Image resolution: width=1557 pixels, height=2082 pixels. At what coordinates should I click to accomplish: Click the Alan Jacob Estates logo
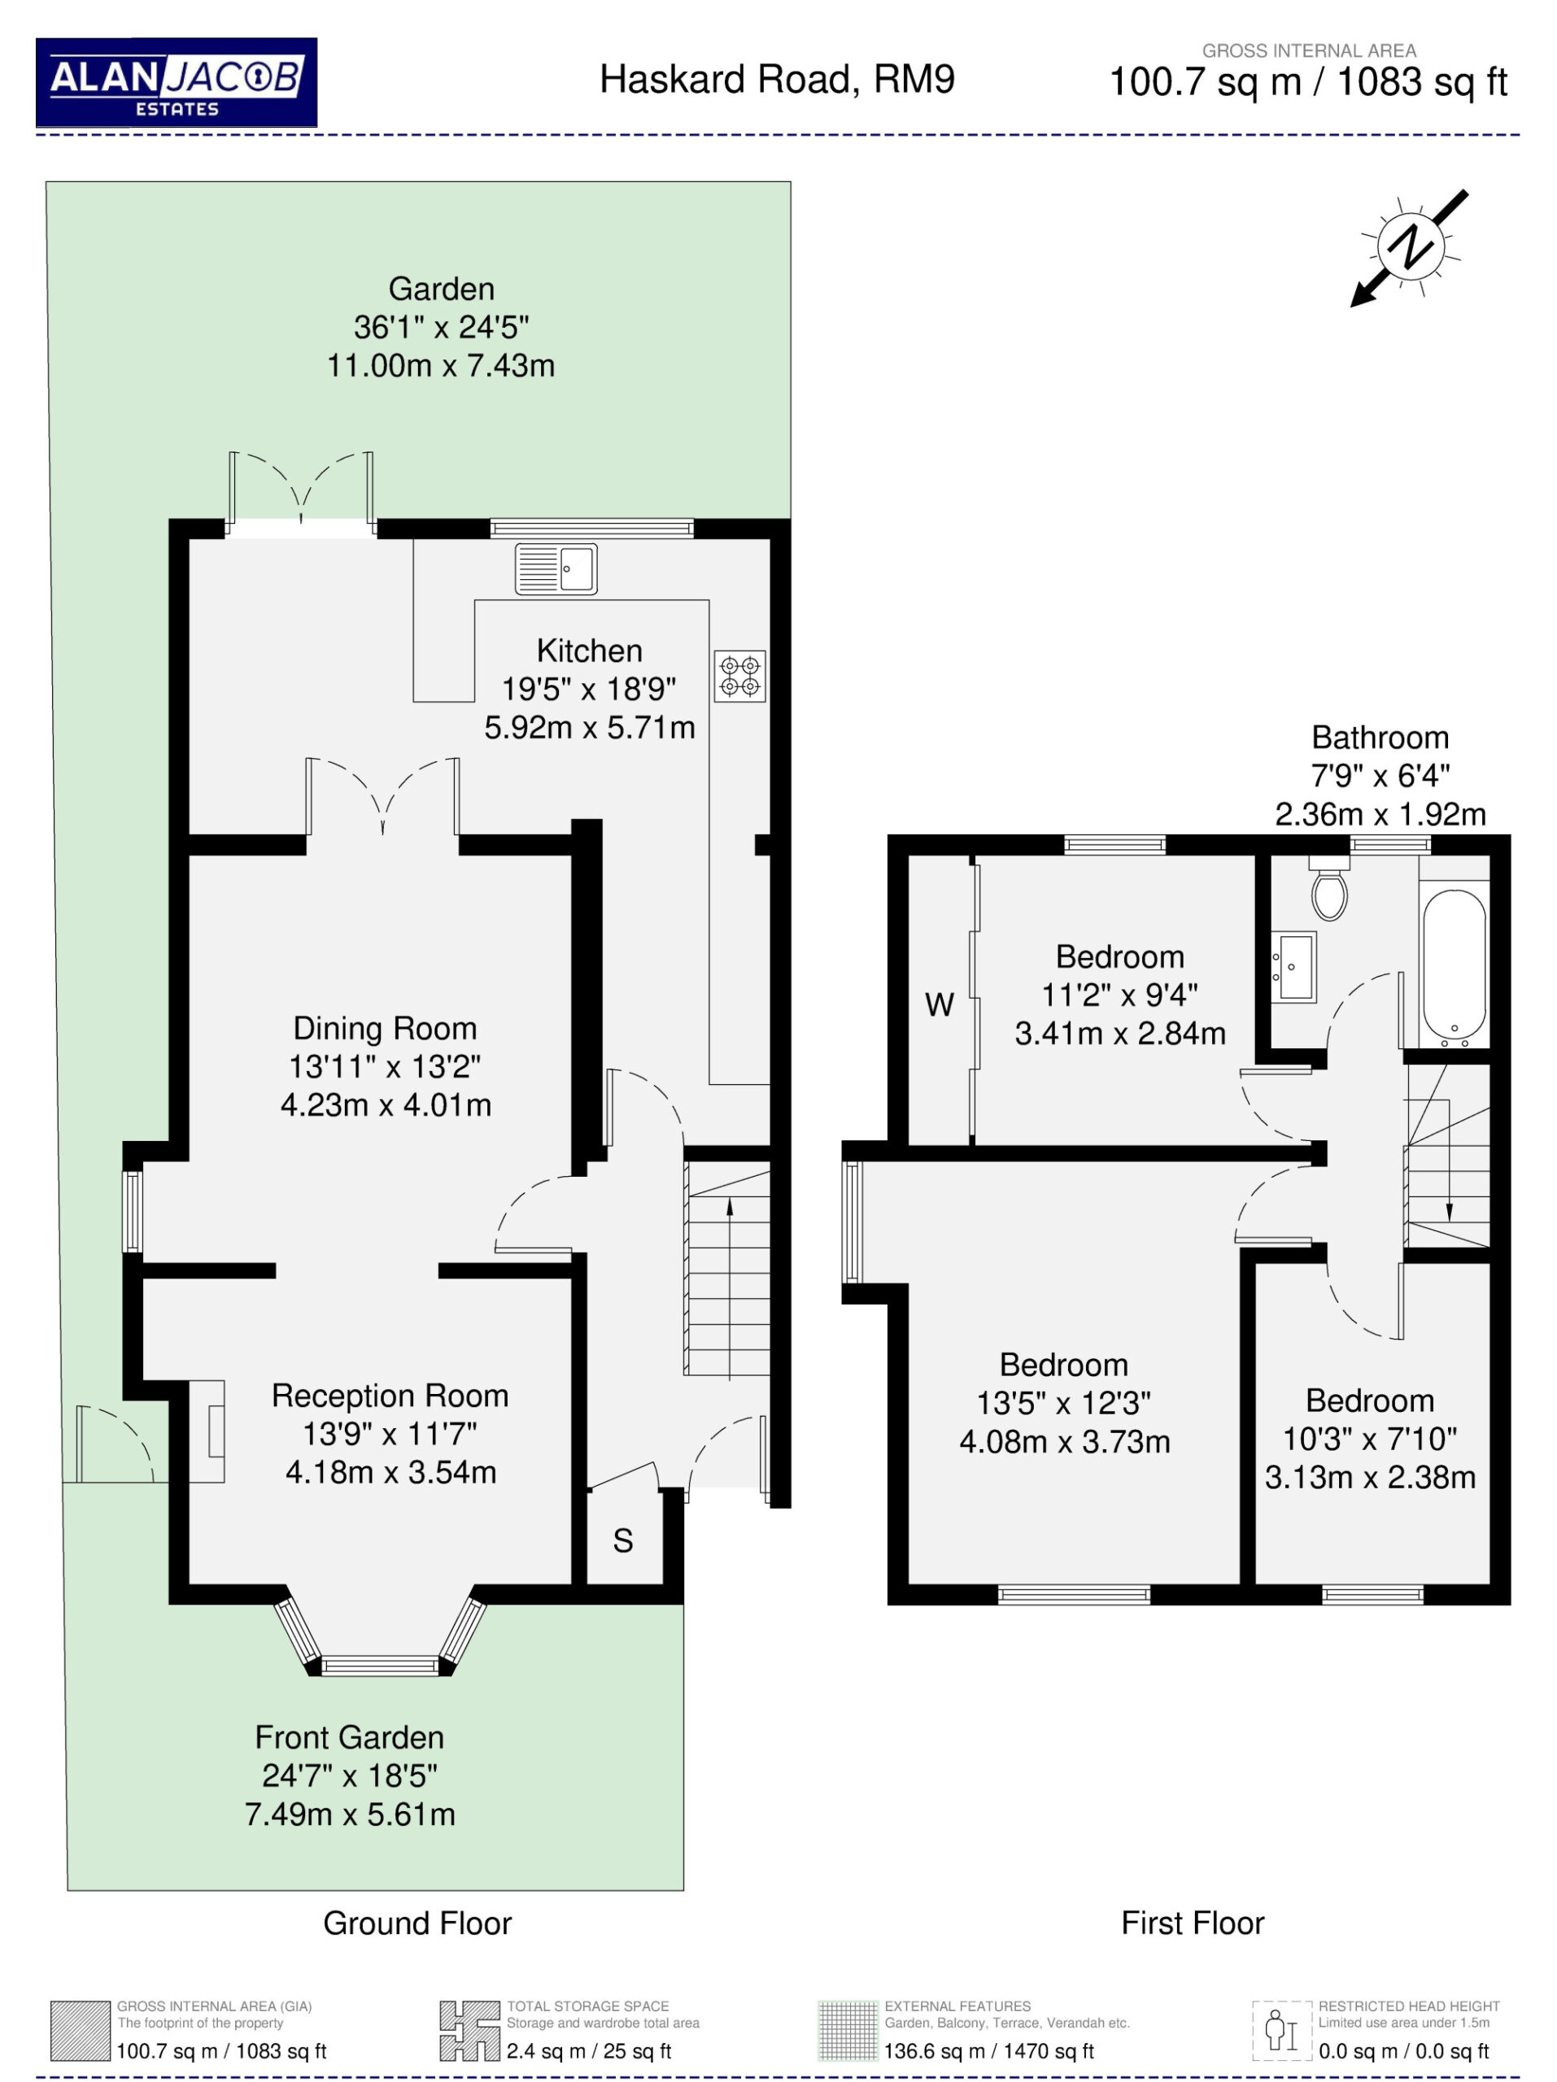(176, 82)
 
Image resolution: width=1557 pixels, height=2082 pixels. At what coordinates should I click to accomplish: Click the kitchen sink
(556, 568)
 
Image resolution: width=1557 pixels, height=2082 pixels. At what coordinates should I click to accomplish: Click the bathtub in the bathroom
(1454, 965)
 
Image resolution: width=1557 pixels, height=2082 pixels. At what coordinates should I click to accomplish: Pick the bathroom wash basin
(1293, 967)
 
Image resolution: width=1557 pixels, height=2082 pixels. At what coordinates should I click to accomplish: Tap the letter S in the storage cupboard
(622, 1541)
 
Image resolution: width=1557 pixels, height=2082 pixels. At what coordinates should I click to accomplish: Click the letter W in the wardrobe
(939, 1004)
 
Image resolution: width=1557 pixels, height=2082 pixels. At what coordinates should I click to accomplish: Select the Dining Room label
(385, 1028)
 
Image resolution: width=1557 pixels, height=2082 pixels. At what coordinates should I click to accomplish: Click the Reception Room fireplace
(208, 1431)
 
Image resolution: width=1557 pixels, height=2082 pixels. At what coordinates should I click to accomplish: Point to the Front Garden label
(349, 1736)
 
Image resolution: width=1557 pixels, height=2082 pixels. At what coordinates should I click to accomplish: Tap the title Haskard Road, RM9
(777, 79)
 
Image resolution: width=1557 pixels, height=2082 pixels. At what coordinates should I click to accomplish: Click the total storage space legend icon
(469, 2030)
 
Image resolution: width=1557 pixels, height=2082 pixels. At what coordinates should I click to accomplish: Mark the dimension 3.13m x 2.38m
(1370, 1477)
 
